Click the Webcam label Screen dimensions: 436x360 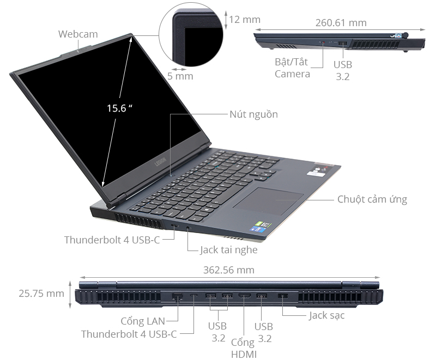[x=78, y=34]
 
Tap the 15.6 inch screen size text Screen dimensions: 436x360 [x=119, y=108]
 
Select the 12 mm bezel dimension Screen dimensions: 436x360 [x=245, y=20]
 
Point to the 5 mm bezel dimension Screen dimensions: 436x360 [x=180, y=76]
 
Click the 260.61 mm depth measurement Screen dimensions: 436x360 [x=341, y=23]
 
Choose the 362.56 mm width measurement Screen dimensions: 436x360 [x=229, y=270]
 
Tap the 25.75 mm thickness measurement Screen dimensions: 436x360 [x=41, y=294]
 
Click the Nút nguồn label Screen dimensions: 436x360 [x=253, y=114]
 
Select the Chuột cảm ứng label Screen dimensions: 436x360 [x=372, y=199]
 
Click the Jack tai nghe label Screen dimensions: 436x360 [x=228, y=250]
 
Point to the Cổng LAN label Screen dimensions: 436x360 [x=143, y=321]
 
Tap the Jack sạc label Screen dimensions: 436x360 [x=326, y=315]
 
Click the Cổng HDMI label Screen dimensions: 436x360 [x=244, y=349]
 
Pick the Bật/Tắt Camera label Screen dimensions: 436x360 [x=292, y=68]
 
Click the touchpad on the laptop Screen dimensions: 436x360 [x=268, y=202]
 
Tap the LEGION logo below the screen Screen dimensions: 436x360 [x=160, y=162]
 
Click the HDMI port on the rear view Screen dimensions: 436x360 [x=244, y=296]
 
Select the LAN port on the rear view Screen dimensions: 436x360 [x=177, y=297]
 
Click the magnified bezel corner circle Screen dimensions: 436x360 [x=191, y=35]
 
